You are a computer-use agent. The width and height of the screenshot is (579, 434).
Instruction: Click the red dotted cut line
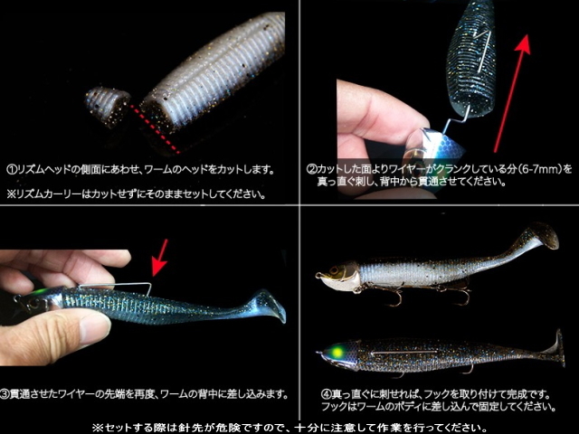click(x=155, y=128)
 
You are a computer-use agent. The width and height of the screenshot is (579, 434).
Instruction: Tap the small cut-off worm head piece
click(x=108, y=106)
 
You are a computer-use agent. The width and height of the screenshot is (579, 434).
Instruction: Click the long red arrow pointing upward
click(x=513, y=93)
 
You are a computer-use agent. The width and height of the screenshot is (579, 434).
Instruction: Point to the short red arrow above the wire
click(x=160, y=257)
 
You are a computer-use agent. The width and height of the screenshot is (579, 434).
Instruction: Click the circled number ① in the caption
click(x=12, y=170)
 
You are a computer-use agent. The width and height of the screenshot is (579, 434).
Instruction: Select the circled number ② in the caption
click(x=311, y=169)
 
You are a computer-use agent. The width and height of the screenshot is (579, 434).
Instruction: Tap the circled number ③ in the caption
click(x=5, y=394)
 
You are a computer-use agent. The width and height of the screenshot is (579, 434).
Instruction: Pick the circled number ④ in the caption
click(x=326, y=394)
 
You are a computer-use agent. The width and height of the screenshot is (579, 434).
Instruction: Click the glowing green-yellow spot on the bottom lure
click(x=337, y=352)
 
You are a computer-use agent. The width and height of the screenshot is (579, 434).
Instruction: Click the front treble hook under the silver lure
click(x=394, y=297)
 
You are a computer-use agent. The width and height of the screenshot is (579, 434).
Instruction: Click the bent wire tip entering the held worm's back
click(x=150, y=290)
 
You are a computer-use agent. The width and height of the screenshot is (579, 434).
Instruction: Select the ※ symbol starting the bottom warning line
click(x=97, y=428)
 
